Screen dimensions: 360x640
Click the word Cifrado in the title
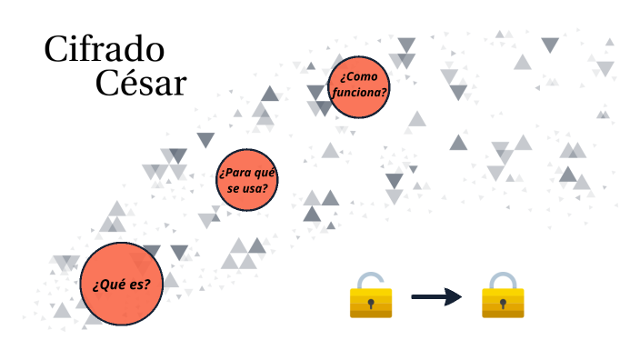(x=104, y=51)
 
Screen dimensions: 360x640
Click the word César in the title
(x=141, y=84)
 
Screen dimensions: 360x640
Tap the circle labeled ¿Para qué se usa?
(x=247, y=180)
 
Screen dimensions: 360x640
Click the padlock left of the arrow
(x=371, y=296)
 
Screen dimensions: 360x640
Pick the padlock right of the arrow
(x=503, y=296)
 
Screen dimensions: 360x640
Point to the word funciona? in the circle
(x=360, y=93)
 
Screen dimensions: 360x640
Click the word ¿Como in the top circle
(x=359, y=76)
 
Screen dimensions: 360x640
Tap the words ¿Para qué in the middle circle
(x=246, y=172)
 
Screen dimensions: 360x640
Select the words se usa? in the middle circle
(x=247, y=189)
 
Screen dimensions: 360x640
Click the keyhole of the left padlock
(x=371, y=302)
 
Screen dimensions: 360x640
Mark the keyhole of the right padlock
(x=503, y=302)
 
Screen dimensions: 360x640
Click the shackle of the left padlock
(x=371, y=279)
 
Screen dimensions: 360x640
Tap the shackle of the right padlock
(x=503, y=279)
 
